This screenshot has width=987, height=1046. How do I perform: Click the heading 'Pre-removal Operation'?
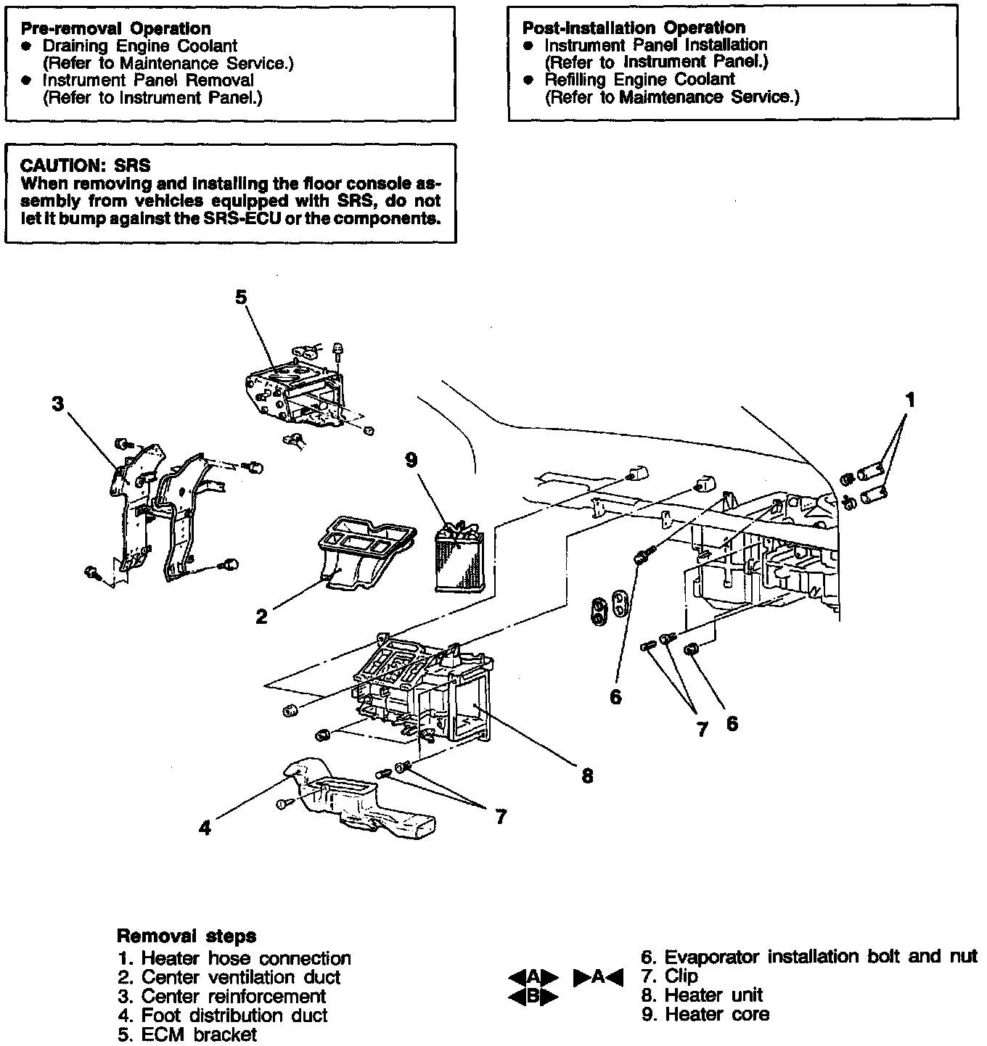pyautogui.click(x=115, y=29)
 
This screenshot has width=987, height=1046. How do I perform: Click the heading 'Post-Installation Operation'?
pyautogui.click(x=634, y=28)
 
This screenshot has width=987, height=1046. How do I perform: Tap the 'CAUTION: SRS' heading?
pyautogui.click(x=86, y=166)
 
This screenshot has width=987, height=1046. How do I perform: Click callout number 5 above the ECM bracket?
pyautogui.click(x=241, y=297)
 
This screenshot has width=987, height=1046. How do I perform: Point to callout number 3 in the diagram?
pyautogui.click(x=58, y=404)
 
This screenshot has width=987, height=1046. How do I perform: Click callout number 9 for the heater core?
pyautogui.click(x=411, y=460)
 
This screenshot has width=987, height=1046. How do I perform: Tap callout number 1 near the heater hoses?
pyautogui.click(x=909, y=400)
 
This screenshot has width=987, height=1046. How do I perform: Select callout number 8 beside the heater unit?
pyautogui.click(x=587, y=776)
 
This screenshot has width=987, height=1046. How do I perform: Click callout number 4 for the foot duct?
pyautogui.click(x=205, y=827)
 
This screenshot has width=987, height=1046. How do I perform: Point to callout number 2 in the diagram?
pyautogui.click(x=261, y=617)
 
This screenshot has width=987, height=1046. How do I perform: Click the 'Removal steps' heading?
pyautogui.click(x=187, y=936)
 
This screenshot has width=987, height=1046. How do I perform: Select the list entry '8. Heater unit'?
pyautogui.click(x=702, y=995)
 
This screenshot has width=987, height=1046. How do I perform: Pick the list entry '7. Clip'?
pyautogui.click(x=669, y=976)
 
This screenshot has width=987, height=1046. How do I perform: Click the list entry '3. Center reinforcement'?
pyautogui.click(x=222, y=997)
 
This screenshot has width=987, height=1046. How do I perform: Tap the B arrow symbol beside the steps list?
pyautogui.click(x=533, y=997)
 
